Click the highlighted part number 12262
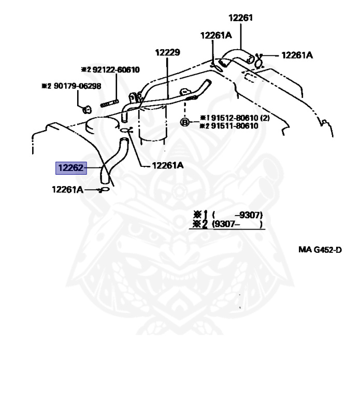tap(71, 167)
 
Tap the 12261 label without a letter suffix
tap(240, 17)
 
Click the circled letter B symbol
tap(184, 122)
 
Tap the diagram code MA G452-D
tap(320, 249)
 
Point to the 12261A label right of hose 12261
tap(297, 54)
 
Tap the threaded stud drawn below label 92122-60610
tap(108, 103)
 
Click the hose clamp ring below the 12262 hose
tap(105, 190)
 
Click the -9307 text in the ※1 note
tap(249, 215)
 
